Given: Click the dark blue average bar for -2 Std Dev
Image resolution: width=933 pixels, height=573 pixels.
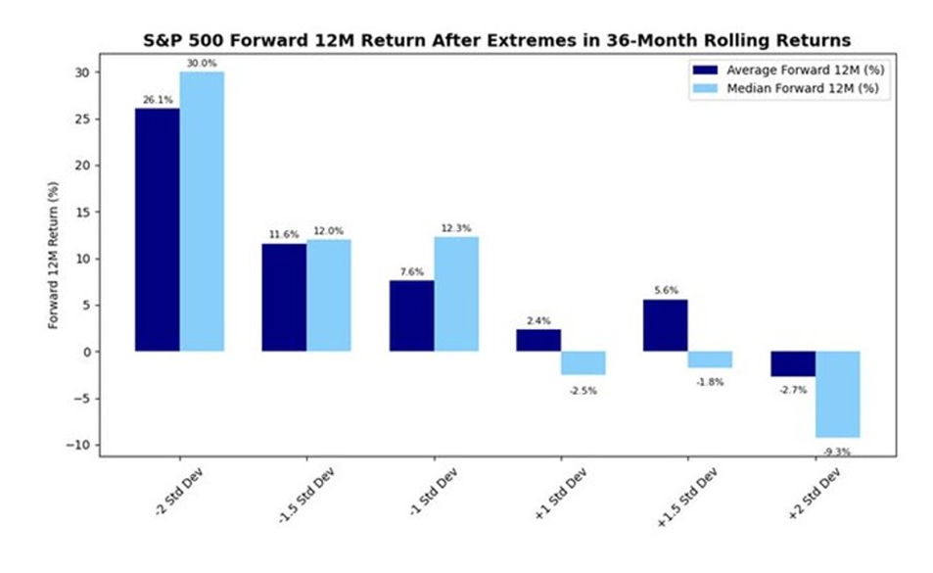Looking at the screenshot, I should tap(158, 229).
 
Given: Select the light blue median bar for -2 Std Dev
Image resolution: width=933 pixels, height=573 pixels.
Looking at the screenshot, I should tap(202, 212).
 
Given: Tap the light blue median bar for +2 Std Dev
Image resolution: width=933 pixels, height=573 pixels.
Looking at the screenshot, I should tap(837, 394).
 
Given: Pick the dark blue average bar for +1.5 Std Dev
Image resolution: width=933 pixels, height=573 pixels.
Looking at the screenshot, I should tap(665, 325).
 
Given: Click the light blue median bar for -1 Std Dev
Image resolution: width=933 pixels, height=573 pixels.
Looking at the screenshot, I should tap(456, 294).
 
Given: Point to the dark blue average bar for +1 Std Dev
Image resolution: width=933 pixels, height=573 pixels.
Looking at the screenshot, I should tap(538, 340).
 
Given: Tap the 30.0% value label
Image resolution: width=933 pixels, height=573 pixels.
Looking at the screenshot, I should tap(202, 64).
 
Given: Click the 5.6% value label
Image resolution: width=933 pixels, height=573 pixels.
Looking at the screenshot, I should tap(665, 291).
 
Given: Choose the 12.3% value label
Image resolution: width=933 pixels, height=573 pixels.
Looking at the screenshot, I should tap(456, 228).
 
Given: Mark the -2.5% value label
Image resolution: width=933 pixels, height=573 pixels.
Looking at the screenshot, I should tap(583, 390).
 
